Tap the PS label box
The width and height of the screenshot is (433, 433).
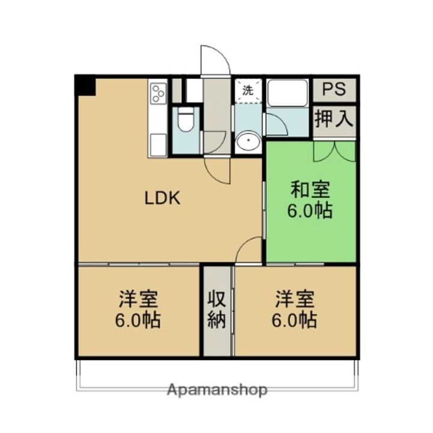coord(334,90)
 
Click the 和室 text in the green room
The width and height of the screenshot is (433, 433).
coord(310,190)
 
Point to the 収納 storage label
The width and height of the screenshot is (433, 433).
coord(216,309)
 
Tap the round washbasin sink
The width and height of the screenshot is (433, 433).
coord(247,142)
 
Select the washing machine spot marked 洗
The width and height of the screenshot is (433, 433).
coord(248,91)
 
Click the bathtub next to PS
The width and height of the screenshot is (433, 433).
coord(288,93)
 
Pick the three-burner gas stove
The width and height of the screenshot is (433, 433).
coord(158,93)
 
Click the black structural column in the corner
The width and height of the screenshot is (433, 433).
coord(86,85)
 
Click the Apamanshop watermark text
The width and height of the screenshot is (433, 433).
coord(218,390)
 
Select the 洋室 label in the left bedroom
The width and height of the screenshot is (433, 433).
coord(138,299)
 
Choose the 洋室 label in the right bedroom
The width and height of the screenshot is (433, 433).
coord(295,299)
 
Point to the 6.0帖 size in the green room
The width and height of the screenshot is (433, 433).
coord(310,211)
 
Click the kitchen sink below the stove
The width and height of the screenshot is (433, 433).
coord(158,145)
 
